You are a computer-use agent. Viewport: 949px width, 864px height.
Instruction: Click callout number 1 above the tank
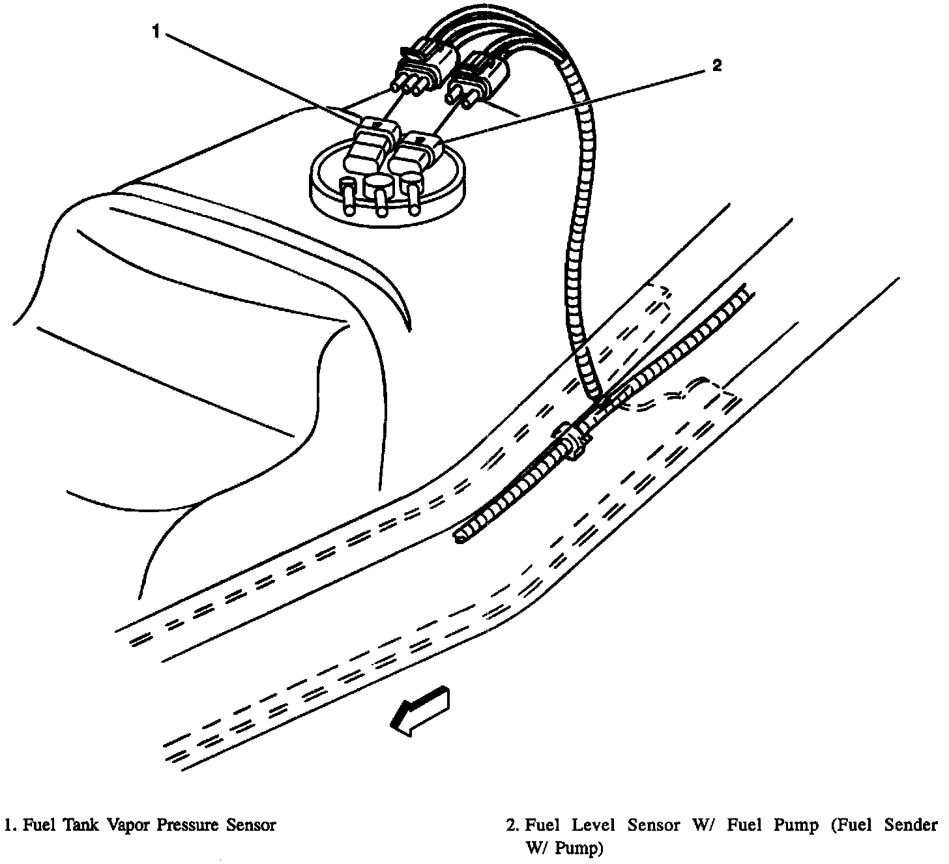pos(156,31)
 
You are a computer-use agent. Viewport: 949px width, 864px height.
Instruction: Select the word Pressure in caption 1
pos(189,825)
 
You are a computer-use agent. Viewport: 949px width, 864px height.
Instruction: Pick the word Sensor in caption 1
pos(250,825)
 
